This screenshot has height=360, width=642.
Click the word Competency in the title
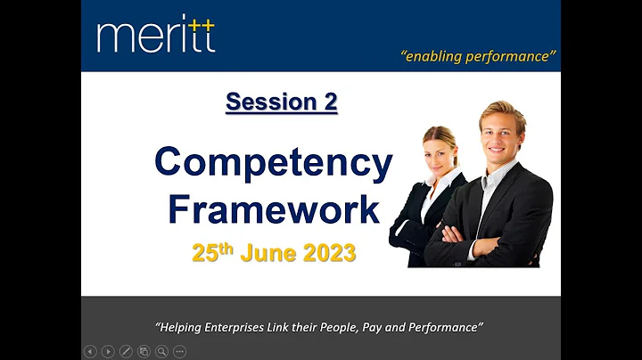tap(273, 163)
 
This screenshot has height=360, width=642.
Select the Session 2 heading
tap(281, 102)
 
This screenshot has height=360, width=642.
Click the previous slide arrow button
tap(90, 351)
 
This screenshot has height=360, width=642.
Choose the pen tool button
tap(126, 351)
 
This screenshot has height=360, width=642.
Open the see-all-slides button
tap(144, 351)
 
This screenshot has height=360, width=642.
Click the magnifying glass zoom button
tap(161, 351)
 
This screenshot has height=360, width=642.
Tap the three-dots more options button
tap(179, 351)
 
